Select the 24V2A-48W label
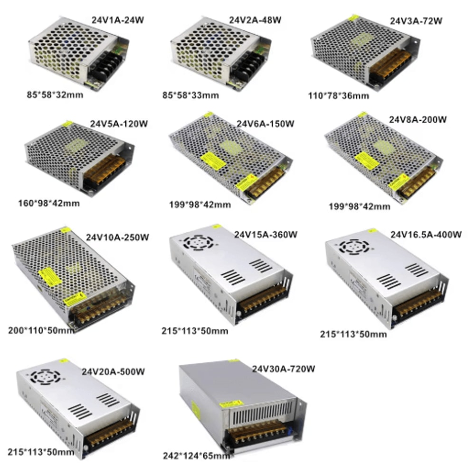pyautogui.click(x=255, y=20)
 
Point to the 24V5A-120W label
pyautogui.click(x=119, y=124)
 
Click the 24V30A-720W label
pyautogui.click(x=284, y=369)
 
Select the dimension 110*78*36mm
pyautogui.click(x=339, y=95)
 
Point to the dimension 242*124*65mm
pyautogui.click(x=196, y=456)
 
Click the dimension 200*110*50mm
pyautogui.click(x=41, y=330)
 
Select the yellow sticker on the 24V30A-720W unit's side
pyautogui.click(x=195, y=409)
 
